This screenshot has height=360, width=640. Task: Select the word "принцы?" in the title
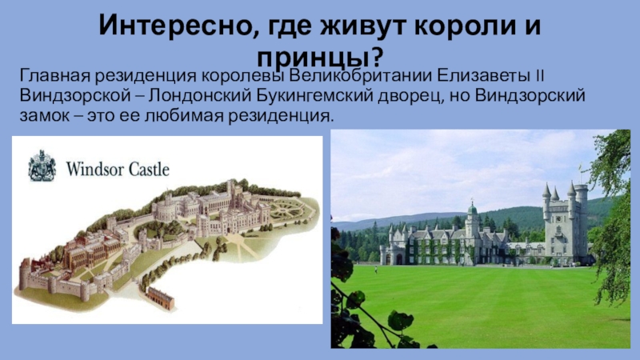[x=319, y=57]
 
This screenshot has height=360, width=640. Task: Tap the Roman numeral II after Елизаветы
[x=542, y=78]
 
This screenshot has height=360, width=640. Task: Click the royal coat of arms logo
[x=42, y=165]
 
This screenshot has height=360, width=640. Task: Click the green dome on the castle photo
[x=473, y=210]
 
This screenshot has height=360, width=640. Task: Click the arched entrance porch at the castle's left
[x=388, y=254]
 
